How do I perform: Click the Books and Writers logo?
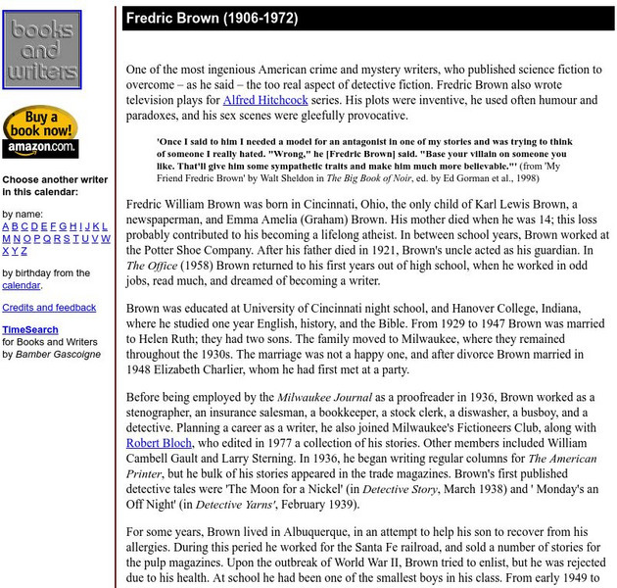tap(41, 49)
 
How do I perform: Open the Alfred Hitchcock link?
tap(265, 99)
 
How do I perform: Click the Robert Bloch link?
tap(160, 442)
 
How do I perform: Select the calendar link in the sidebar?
tap(21, 285)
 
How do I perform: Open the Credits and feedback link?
tap(49, 308)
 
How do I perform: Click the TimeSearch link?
tap(29, 330)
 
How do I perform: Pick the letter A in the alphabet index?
tap(6, 225)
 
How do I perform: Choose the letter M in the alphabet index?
tap(6, 238)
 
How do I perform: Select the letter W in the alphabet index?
tap(106, 238)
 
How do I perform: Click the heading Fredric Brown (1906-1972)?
tap(212, 19)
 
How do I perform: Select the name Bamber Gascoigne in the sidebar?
tap(58, 354)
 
